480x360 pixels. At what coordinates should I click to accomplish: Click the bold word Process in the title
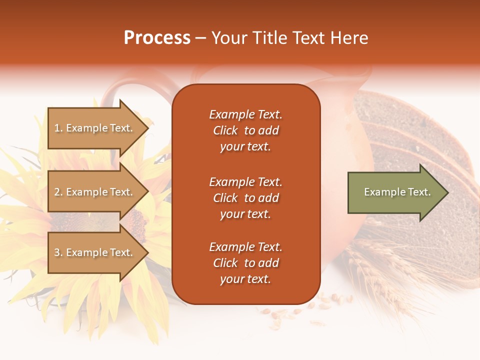click(157, 38)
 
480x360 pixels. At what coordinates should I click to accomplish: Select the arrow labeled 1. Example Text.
click(95, 128)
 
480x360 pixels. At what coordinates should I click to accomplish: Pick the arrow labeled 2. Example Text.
click(95, 192)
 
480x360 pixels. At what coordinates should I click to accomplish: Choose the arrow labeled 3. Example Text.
click(95, 252)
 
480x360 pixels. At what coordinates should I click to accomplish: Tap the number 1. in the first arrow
click(58, 128)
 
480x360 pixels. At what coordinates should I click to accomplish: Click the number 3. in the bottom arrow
click(58, 252)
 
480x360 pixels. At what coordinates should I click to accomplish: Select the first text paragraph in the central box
click(245, 130)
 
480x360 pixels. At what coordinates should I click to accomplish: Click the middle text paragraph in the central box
click(245, 198)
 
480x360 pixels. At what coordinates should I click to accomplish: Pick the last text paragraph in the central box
click(245, 263)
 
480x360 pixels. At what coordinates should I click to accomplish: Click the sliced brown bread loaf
click(420, 145)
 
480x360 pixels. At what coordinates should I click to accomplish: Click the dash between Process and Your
click(201, 38)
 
